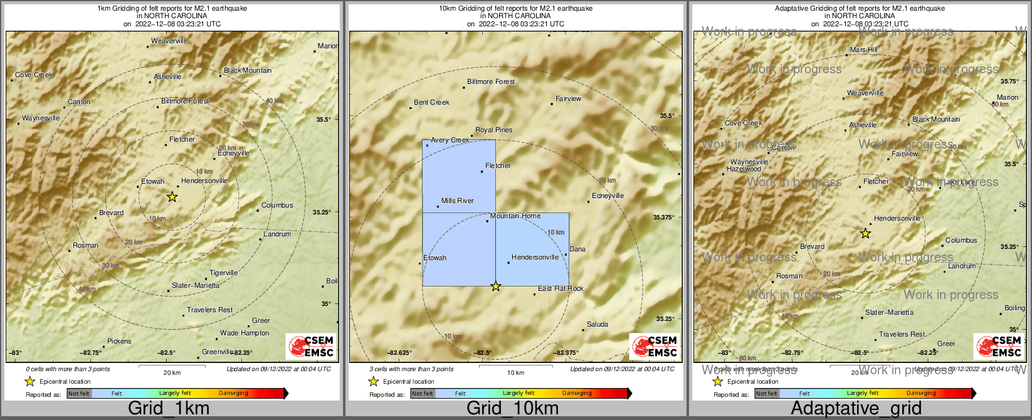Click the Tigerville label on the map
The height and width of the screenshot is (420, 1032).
(223, 273)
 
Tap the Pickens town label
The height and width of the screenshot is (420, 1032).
(119, 341)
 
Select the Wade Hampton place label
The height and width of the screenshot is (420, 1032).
(245, 333)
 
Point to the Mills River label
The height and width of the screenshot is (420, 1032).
(458, 201)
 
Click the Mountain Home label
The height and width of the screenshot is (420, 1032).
(515, 216)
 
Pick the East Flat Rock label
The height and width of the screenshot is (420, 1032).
(561, 288)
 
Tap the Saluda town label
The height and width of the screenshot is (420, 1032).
(598, 324)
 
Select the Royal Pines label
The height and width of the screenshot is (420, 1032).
(494, 130)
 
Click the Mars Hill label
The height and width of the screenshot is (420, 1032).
(864, 50)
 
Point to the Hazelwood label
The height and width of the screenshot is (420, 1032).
(745, 169)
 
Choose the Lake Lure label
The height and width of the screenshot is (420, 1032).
(959, 182)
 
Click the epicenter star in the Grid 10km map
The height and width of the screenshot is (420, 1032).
(496, 286)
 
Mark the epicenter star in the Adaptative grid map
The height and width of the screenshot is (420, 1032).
(865, 233)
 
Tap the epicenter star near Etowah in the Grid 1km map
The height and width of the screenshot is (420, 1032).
(172, 197)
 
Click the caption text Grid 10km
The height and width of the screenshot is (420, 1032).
(512, 409)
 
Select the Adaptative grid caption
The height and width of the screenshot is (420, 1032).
(856, 409)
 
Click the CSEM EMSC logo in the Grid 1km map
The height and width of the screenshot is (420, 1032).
(311, 346)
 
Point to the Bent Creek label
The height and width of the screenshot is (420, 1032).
(431, 102)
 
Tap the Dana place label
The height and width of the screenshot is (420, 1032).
(577, 249)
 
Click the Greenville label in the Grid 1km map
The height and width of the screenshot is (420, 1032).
(217, 352)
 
